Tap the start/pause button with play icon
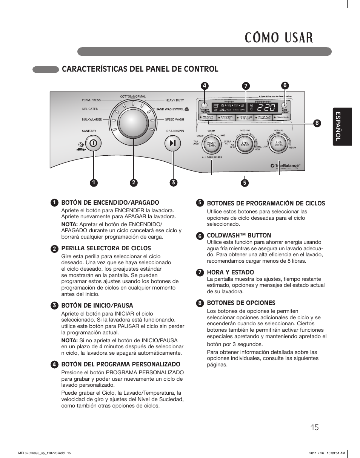173,143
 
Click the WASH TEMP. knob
212,144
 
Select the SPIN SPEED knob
245,144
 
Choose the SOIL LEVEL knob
278,144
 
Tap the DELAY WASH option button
283,118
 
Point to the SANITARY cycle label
89,131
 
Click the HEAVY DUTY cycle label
175,100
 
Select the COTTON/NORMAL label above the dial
133,97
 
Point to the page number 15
315,427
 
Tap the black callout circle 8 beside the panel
317,123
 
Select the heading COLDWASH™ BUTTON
239,235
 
